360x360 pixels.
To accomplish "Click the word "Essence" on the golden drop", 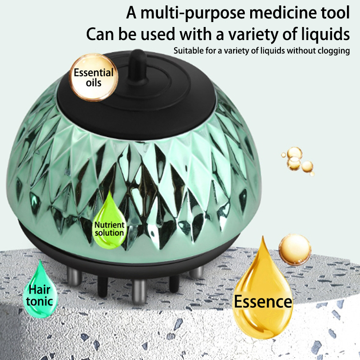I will pos(263,301).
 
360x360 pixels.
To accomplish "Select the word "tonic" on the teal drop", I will pos(40,301).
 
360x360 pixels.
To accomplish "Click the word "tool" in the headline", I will pos(334,13).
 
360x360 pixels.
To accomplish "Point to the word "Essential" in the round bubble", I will pos(94,73).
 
